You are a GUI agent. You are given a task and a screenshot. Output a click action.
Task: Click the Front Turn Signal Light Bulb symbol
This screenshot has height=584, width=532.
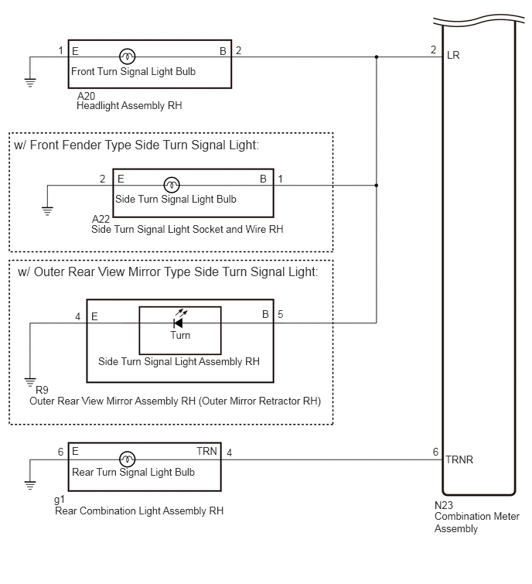pos(128,56)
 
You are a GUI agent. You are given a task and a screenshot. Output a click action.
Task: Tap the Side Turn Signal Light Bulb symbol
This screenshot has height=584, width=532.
pos(172,185)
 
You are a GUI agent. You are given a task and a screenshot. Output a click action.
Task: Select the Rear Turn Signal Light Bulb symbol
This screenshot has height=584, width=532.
pos(128,459)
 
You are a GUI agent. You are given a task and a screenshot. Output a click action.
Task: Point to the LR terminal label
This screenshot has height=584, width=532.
pos(453,56)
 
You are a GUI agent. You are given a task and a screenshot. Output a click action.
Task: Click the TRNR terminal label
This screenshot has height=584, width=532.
pos(459,459)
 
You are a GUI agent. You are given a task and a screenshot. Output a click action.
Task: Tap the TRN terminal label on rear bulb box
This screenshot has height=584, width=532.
pos(206,452)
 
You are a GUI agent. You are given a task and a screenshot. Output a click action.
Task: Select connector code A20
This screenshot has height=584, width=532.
pos(86,96)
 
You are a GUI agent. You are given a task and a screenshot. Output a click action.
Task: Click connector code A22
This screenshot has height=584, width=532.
pos(101,219)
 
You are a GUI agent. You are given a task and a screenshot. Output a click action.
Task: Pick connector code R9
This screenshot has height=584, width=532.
pos(42,390)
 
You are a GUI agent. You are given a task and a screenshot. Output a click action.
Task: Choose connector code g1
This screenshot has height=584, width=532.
pos(60,499)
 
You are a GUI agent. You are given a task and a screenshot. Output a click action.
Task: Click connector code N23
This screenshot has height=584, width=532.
pos(444,505)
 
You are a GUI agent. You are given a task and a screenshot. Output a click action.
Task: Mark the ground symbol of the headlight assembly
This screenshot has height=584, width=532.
pos(30,82)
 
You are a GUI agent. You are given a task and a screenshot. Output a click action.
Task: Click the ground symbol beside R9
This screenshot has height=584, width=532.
pos(30,382)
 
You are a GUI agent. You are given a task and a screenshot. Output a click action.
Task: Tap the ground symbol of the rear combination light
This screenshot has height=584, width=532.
pos(30,485)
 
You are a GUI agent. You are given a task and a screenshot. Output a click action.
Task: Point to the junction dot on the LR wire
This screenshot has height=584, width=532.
pos(377,57)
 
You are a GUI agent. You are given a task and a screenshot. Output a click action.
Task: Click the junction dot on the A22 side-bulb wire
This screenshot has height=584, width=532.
pos(377,185)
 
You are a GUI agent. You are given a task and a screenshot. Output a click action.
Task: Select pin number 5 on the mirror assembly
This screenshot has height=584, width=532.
pos(281,314)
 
